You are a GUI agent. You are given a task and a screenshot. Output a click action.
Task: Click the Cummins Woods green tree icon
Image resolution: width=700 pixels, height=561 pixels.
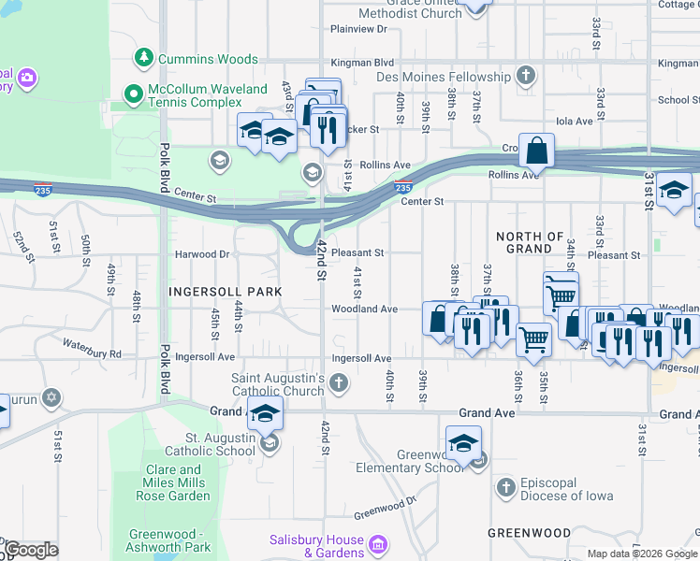[x=144, y=59]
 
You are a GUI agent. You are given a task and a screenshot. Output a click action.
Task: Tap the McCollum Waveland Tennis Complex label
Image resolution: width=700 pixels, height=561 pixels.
[x=182, y=95]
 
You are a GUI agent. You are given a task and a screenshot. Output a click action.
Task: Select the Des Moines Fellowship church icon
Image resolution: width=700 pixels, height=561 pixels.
[x=526, y=75]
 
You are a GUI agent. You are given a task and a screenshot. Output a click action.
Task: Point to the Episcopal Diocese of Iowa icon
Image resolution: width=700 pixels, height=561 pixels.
[x=505, y=487]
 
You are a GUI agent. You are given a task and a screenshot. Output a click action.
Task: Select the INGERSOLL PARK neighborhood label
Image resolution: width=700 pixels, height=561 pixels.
[x=225, y=292]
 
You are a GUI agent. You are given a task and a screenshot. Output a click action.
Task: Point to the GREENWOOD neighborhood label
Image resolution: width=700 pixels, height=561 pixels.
[x=529, y=532]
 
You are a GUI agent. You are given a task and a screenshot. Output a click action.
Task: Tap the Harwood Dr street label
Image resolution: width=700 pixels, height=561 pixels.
[x=202, y=254]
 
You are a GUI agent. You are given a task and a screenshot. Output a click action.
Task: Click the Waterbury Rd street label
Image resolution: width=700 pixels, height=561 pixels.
[x=92, y=354]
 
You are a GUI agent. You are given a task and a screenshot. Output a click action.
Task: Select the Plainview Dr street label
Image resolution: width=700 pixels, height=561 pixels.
[x=358, y=29]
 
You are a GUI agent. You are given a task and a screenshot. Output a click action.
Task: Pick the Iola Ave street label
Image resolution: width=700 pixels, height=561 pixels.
[x=575, y=122]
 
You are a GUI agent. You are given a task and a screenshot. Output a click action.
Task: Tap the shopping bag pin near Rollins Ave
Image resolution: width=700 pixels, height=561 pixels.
[x=537, y=150]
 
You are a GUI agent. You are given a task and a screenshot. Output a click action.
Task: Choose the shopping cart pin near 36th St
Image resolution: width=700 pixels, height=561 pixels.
[x=533, y=340]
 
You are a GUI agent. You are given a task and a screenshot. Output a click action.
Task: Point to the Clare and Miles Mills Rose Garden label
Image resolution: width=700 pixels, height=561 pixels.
[x=178, y=482]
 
